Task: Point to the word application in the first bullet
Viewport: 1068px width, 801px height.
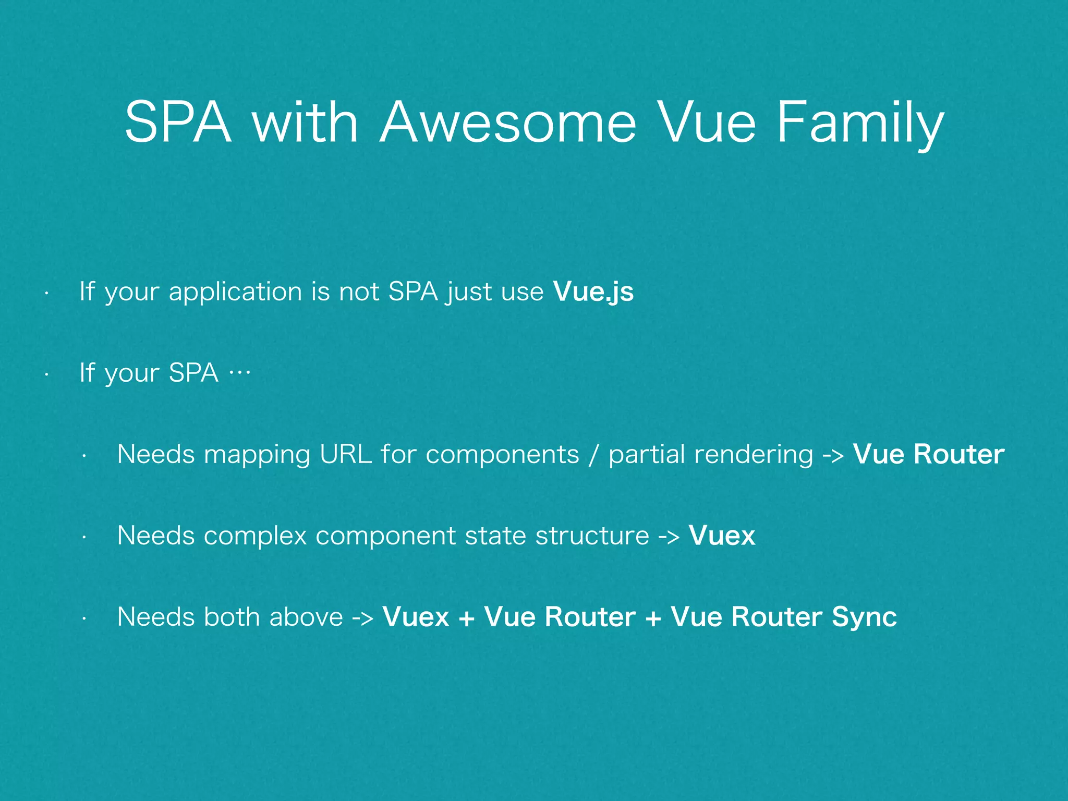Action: click(235, 292)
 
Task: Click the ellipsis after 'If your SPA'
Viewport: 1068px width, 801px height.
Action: click(240, 372)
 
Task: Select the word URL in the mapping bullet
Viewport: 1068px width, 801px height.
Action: click(346, 454)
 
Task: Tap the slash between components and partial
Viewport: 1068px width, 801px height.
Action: click(593, 455)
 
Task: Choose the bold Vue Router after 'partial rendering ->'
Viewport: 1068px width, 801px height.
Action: click(928, 454)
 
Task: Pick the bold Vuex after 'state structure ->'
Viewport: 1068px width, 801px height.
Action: click(722, 536)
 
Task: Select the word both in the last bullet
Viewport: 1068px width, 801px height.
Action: click(232, 617)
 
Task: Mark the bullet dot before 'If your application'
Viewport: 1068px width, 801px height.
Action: click(46, 294)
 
